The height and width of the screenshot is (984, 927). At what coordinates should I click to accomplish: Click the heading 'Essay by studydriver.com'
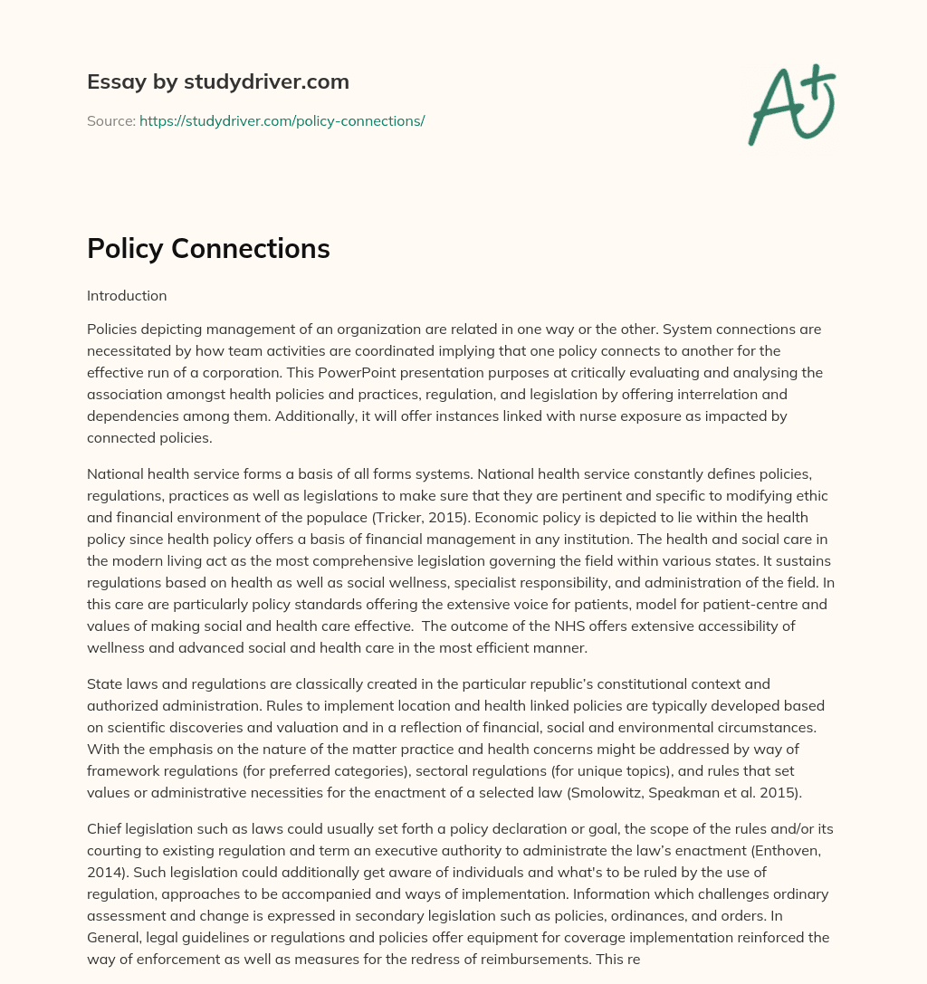[217, 81]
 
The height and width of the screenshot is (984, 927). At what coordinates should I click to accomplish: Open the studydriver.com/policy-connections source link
[282, 120]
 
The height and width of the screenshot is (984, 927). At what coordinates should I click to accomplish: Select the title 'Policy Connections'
[208, 249]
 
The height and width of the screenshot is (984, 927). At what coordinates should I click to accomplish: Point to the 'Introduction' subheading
[127, 295]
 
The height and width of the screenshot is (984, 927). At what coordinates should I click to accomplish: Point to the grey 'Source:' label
[110, 120]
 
